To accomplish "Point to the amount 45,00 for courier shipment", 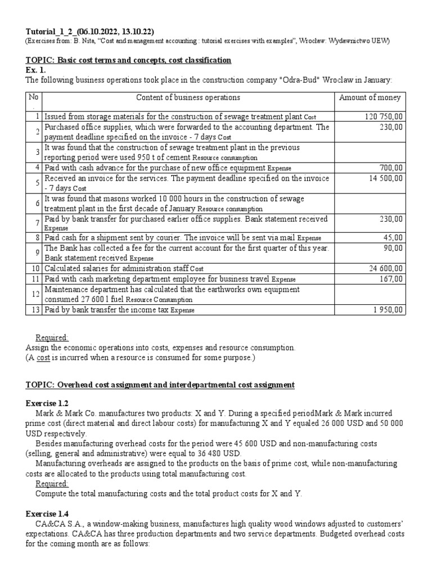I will (394, 238).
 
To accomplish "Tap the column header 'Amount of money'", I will (370, 97).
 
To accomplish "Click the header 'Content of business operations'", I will (188, 97).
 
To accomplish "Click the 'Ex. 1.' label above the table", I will (35, 70).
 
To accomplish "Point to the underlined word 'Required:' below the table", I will (52, 337).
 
